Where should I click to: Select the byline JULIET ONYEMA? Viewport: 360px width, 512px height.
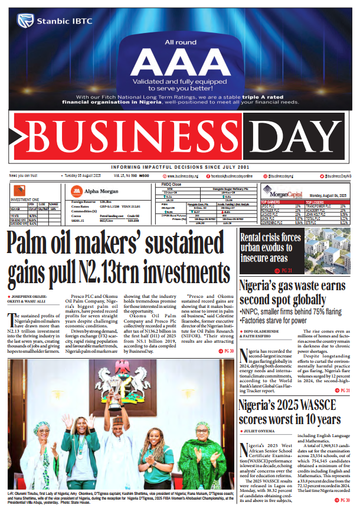tap(260, 431)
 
